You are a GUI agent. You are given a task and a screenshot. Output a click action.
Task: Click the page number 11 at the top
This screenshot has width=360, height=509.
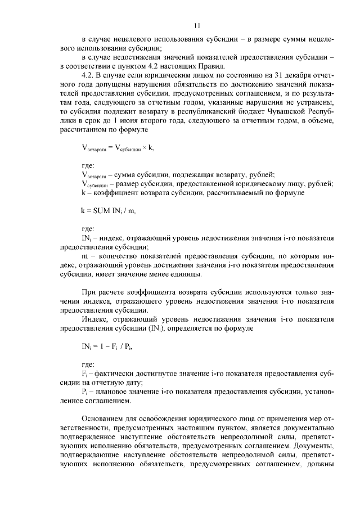pyautogui.click(x=196, y=25)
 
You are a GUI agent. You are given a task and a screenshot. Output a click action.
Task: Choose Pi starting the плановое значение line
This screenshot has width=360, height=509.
pyautogui.click(x=84, y=391)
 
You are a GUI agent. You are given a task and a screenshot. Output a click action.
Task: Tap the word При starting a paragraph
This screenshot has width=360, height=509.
pyautogui.click(x=88, y=292)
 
